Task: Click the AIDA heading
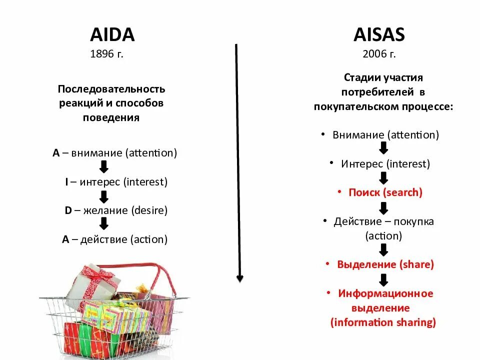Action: tap(112, 34)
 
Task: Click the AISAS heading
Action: tap(379, 34)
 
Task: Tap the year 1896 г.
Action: tap(106, 54)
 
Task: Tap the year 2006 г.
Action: tap(379, 54)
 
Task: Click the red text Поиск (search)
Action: tap(385, 192)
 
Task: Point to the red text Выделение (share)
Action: tap(385, 264)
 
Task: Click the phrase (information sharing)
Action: tap(383, 322)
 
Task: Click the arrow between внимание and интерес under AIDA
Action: tap(104, 167)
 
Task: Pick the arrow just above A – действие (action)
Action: tap(104, 223)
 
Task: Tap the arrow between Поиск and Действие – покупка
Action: tap(384, 207)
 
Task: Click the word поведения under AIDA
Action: tap(111, 118)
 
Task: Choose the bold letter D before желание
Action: tap(68, 210)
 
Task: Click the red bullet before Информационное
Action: tap(328, 293)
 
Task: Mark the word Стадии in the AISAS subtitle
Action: tap(360, 78)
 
